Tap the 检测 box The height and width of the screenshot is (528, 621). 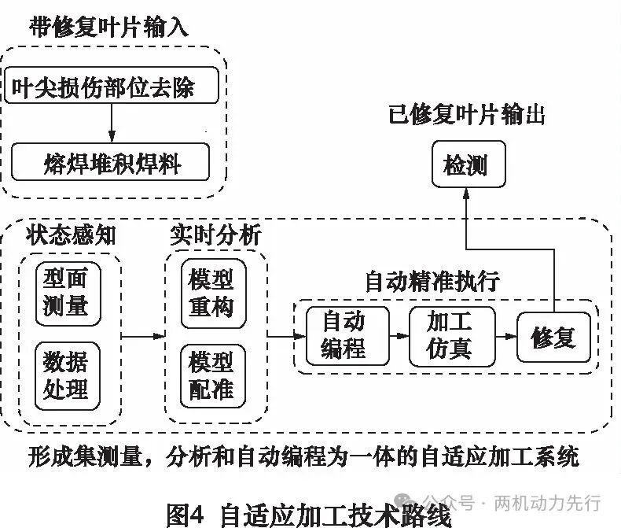(465, 165)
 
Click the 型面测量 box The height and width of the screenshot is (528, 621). (68, 292)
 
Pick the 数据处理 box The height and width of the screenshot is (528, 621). (68, 376)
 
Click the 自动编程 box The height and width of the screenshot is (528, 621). (344, 335)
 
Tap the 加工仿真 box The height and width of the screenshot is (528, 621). (451, 335)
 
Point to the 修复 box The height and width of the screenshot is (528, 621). (553, 337)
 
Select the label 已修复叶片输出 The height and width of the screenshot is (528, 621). (467, 115)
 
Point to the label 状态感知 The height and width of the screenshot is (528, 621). (72, 234)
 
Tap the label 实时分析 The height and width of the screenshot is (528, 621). (215, 234)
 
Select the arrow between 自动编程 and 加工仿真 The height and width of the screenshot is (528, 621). (399, 335)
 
